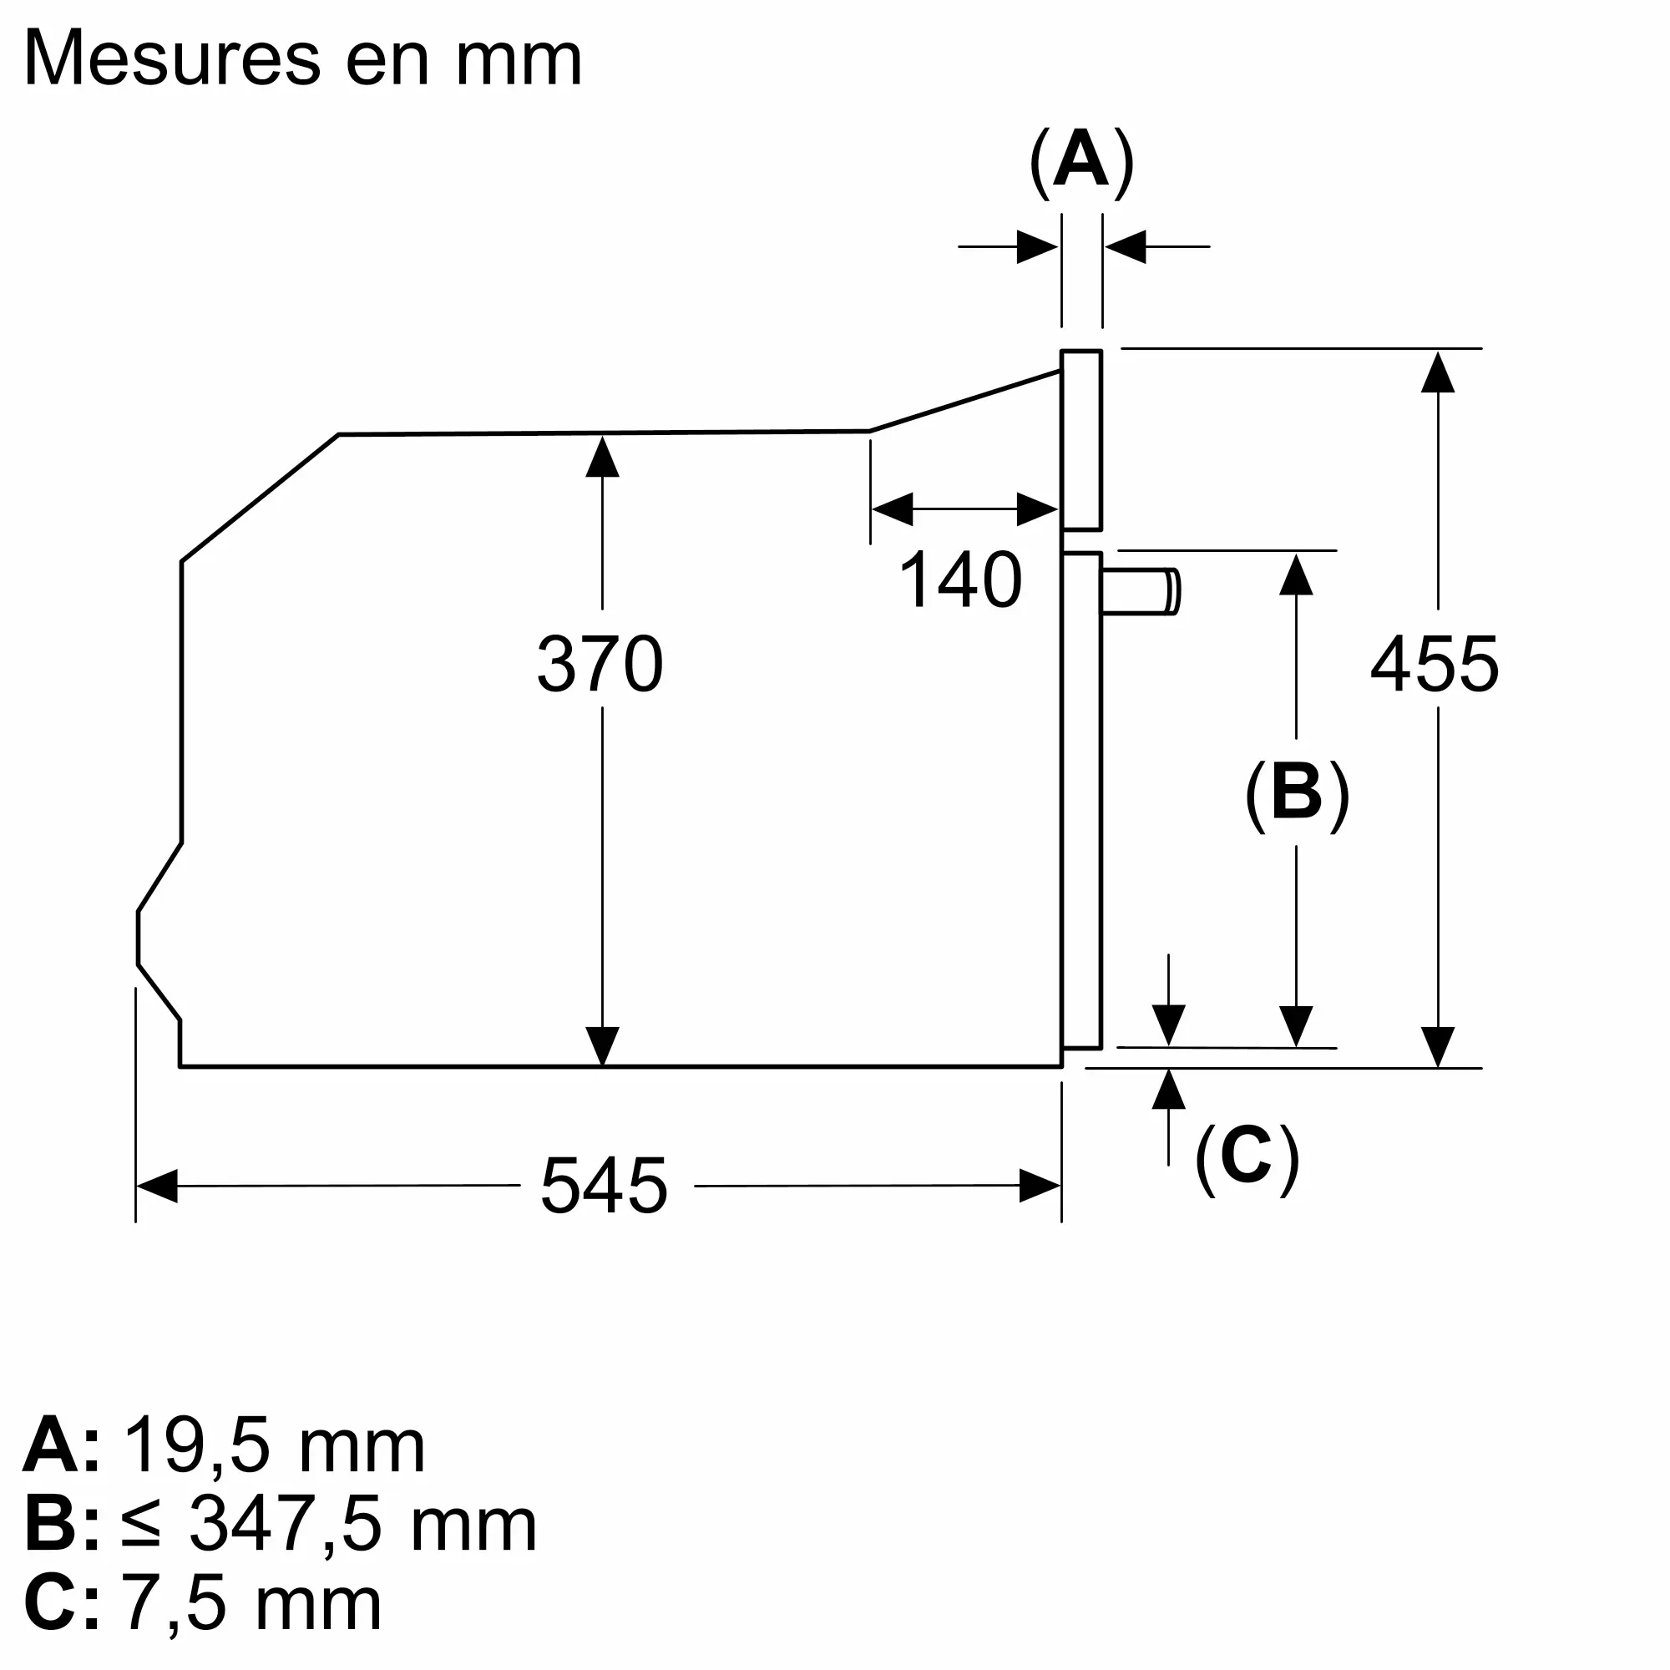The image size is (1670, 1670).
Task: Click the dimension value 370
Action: [x=600, y=663]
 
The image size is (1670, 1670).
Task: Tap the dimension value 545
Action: [x=605, y=1185]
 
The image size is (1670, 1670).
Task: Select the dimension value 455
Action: [x=1434, y=663]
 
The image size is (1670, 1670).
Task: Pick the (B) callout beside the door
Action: [x=1297, y=794]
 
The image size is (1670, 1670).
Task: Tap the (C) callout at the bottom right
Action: [x=1247, y=1158]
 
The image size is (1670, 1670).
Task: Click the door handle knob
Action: [x=1141, y=592]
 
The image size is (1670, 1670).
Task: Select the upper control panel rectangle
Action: [x=1081, y=440]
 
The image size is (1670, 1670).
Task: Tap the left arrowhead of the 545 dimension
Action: [x=156, y=1186]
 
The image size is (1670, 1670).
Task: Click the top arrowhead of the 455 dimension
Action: [x=1438, y=371]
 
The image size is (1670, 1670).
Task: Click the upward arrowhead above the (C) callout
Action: [x=1169, y=1089]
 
